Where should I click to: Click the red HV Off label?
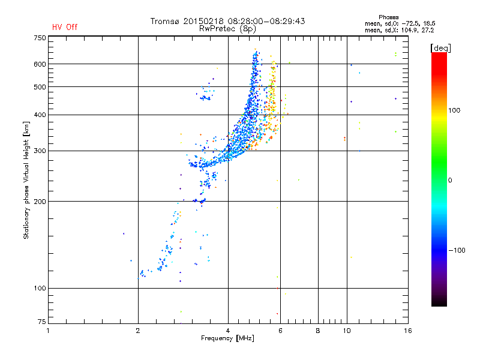tap(65, 27)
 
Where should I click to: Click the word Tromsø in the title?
tap(166, 21)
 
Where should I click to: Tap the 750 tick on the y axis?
tap(40, 38)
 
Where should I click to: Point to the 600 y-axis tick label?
tap(40, 64)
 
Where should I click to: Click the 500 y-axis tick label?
tap(40, 87)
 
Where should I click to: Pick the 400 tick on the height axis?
tap(40, 115)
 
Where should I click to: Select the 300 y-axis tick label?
tap(40, 151)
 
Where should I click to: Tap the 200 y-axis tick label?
tap(40, 202)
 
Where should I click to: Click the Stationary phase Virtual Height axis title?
tap(26, 180)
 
